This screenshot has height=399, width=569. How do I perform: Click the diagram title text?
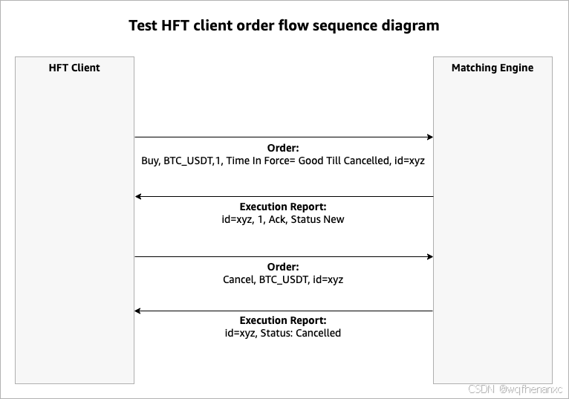(284, 26)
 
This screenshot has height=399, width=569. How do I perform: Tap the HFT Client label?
(74, 68)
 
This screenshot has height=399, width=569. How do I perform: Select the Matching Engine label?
(492, 68)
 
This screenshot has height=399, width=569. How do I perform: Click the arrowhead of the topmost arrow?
(429, 137)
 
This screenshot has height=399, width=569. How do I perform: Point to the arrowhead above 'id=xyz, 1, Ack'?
(139, 197)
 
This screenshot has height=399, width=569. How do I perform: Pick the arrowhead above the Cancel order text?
(429, 256)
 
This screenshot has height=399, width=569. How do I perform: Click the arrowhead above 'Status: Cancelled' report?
(139, 311)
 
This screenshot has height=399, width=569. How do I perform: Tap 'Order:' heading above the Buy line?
(283, 148)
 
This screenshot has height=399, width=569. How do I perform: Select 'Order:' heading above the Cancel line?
(283, 267)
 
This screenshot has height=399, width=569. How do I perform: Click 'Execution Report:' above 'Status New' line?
(283, 207)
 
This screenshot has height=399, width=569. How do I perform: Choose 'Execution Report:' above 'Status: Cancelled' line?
(283, 321)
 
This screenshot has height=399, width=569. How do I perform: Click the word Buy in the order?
(151, 160)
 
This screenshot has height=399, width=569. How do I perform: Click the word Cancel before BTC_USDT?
(238, 279)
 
